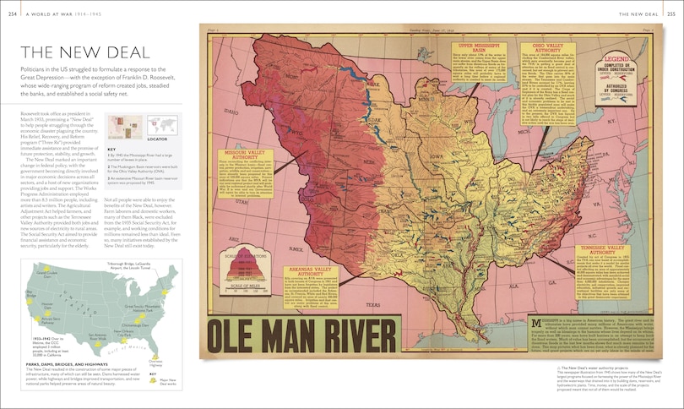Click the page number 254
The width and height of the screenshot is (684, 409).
pyautogui.click(x=10, y=13)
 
